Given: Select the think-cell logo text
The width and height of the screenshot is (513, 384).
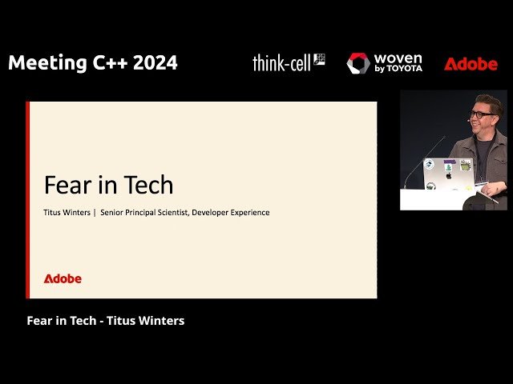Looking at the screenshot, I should [281, 63].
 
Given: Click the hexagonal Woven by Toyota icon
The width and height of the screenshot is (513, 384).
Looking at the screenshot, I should [358, 63].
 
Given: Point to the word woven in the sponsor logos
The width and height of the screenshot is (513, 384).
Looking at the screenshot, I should [398, 59].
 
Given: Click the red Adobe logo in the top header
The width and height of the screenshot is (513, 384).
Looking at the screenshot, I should [471, 64].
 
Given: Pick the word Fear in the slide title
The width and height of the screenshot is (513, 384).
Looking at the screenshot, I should [64, 186].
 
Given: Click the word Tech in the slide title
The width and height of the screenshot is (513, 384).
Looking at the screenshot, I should [147, 186].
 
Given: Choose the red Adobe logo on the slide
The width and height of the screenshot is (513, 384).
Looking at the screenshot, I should [63, 278].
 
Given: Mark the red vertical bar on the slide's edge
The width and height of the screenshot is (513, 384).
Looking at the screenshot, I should [28, 200].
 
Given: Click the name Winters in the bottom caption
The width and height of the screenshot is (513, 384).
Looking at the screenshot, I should [158, 321].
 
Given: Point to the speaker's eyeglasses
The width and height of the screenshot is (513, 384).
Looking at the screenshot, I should [481, 114].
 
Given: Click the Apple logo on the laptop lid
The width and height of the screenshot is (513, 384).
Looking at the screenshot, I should [448, 174].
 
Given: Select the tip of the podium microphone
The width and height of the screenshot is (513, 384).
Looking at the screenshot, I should [443, 139].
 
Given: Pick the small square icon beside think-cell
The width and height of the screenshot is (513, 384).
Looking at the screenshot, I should [319, 58].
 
